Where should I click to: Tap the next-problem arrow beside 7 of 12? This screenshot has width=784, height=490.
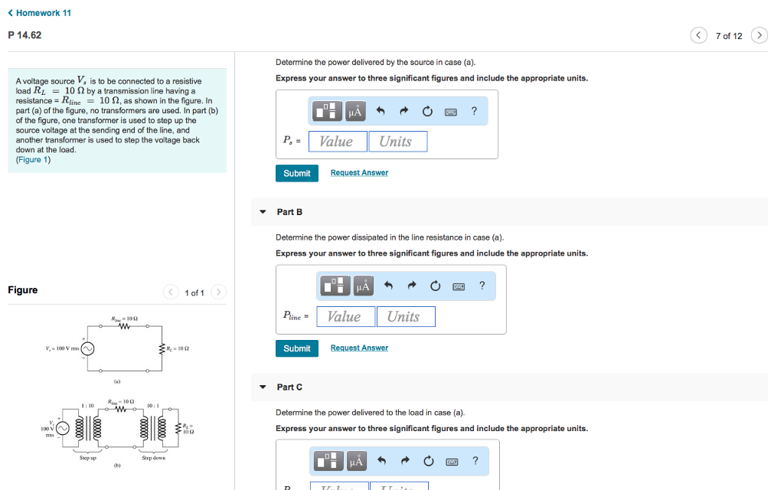click(759, 36)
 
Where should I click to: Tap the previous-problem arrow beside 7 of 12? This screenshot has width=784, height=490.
click(698, 36)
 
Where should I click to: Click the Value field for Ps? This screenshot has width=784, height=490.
click(336, 142)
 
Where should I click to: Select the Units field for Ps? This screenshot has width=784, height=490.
click(397, 142)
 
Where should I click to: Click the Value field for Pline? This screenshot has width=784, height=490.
click(344, 317)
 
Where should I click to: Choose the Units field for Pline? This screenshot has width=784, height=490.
click(405, 317)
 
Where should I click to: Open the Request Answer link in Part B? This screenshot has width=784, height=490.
click(359, 348)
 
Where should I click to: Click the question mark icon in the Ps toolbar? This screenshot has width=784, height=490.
click(474, 112)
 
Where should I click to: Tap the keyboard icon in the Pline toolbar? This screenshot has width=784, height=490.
click(459, 286)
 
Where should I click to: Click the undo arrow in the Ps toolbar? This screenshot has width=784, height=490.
click(380, 112)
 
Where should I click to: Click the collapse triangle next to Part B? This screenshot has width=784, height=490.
click(263, 212)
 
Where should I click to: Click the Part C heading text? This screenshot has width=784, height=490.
click(289, 387)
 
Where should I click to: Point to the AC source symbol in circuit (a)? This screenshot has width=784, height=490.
click(88, 349)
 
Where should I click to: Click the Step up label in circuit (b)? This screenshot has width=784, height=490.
click(88, 458)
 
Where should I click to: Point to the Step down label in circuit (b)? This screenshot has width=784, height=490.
click(152, 458)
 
